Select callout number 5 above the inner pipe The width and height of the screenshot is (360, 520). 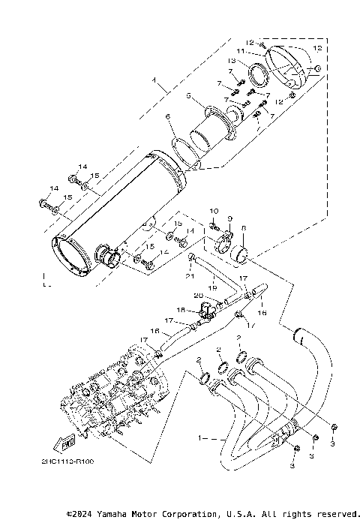pyautogui.click(x=190, y=96)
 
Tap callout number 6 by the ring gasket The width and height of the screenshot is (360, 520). pyautogui.click(x=169, y=116)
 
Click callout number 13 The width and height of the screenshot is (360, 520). pyautogui.click(x=253, y=60)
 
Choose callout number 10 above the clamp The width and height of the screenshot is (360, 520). pyautogui.click(x=213, y=212)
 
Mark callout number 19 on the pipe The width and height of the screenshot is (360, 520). pyautogui.click(x=212, y=287)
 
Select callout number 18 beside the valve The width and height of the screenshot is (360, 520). pyautogui.click(x=180, y=309)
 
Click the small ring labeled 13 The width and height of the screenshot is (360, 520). pyautogui.click(x=259, y=77)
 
